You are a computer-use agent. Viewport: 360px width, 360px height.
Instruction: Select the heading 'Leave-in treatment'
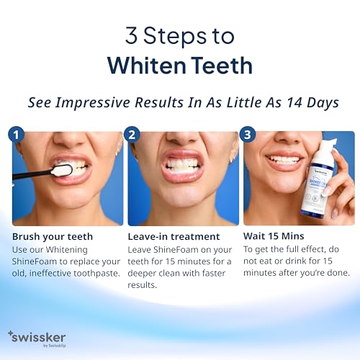point(173,237)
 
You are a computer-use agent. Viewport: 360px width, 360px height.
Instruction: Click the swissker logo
point(37,337)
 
